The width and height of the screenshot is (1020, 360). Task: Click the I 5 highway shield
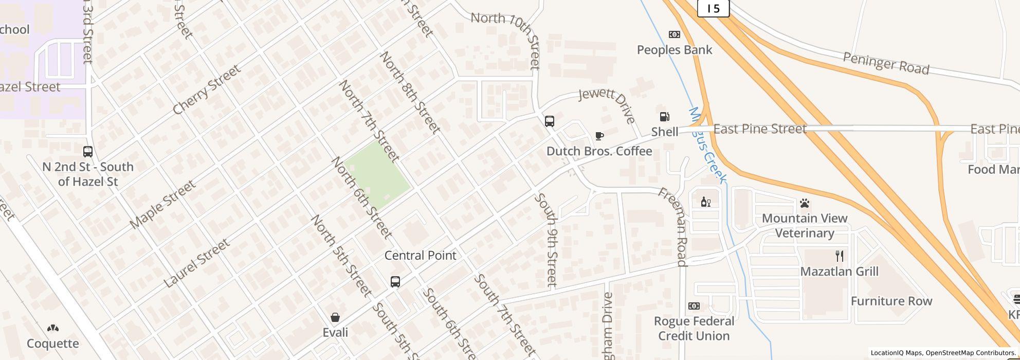(713, 8)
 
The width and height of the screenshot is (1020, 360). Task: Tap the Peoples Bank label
(674, 50)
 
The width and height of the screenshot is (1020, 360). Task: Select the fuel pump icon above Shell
(664, 117)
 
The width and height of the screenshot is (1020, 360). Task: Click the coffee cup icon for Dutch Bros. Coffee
(599, 136)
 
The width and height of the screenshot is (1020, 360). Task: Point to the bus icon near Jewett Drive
(549, 121)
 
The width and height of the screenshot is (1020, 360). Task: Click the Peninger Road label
(886, 63)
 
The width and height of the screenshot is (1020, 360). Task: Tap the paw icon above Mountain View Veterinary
(805, 204)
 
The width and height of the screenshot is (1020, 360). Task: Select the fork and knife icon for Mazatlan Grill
(839, 256)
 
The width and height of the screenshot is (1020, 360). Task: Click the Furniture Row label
(891, 301)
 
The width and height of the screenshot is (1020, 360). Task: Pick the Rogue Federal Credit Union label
(694, 328)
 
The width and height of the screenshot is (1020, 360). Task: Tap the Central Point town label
(420, 256)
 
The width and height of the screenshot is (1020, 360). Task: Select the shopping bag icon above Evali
(335, 317)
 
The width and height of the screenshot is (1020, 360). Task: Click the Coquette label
(53, 343)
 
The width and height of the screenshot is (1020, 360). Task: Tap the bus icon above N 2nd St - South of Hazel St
(88, 152)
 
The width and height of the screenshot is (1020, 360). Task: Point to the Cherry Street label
(206, 89)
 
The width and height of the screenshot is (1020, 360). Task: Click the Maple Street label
(162, 204)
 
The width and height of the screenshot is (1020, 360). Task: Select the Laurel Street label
(196, 263)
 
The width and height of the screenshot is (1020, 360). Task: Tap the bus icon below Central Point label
(395, 282)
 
